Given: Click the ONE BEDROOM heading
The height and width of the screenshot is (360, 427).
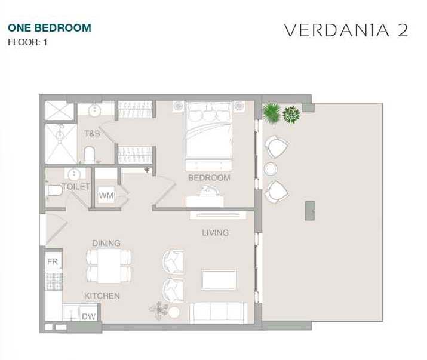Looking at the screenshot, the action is pos(50,28).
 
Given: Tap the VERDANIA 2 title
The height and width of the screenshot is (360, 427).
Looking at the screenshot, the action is pos(346,30).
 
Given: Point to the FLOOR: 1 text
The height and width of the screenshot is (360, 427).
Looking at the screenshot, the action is pos(27,42).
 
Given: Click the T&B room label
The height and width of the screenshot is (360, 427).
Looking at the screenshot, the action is pos(92,134).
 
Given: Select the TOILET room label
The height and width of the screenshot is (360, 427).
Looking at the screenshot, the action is pos(76,187).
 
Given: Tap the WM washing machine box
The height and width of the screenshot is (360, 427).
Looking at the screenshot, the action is pos(106,195).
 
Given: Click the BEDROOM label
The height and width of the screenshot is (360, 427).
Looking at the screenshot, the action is pos(209,178).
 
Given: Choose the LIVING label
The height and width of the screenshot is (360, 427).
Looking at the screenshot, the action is pos(216,233).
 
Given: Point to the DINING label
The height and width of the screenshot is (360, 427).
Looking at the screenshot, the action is pos(106,243).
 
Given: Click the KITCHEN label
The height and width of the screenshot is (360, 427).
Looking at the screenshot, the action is pos(102,296).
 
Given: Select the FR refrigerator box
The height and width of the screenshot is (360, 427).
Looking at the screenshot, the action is pos(53,261).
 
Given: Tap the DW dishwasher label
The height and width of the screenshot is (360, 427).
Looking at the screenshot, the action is pos(88,316).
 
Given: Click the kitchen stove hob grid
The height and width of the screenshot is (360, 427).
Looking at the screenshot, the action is pos(54,282).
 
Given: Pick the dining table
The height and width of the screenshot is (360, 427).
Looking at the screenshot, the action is pos(109,266).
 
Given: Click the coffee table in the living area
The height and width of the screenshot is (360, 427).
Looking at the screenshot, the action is pos(219,279).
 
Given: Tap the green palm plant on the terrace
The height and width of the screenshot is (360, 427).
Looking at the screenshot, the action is pos(272,113).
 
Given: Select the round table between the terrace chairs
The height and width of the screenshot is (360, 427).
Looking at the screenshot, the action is pos(271,169).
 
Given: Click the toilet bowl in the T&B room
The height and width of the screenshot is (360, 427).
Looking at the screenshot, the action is pos(89,155).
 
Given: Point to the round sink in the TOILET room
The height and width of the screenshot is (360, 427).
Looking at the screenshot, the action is pos(73,174).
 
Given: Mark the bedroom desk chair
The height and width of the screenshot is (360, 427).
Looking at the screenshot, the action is pos(209,190).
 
